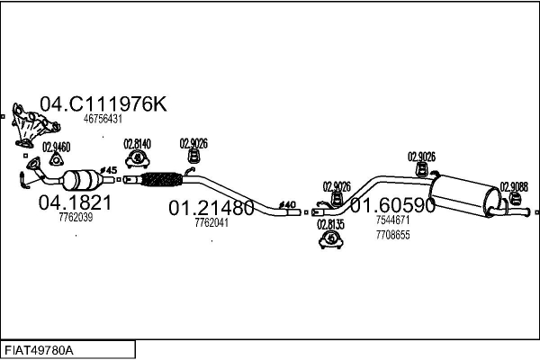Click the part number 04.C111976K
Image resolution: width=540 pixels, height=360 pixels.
[103, 104]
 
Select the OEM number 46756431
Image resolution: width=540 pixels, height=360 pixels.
[103, 119]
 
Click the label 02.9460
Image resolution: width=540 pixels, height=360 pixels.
[55, 147]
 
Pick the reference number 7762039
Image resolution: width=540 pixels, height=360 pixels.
[75, 218]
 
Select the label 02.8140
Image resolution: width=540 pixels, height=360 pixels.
[137, 143]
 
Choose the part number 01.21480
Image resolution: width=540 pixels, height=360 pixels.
[211, 209]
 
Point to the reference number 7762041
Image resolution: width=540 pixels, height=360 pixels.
[211, 223]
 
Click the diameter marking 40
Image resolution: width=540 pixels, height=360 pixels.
[288, 204]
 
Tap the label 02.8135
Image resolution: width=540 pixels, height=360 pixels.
[330, 224]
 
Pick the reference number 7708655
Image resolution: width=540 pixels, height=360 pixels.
[392, 235]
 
